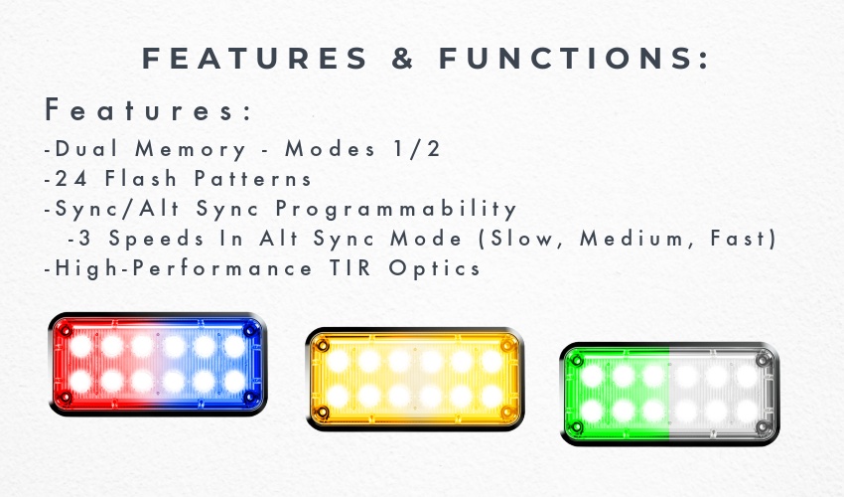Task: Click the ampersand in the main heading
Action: click(x=403, y=59)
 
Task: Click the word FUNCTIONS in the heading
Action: click(x=574, y=59)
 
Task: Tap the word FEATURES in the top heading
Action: click(x=254, y=59)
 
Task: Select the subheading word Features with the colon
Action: click(x=149, y=109)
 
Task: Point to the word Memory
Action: click(x=191, y=150)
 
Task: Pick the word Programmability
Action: click(x=396, y=210)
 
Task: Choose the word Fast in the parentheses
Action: click(x=738, y=239)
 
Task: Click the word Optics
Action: click(x=434, y=269)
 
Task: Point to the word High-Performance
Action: click(x=184, y=269)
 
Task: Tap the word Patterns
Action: click(x=253, y=179)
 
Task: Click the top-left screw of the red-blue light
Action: click(x=66, y=330)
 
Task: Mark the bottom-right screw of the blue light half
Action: click(x=250, y=398)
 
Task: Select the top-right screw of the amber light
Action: click(x=506, y=345)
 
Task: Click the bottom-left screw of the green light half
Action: click(x=576, y=427)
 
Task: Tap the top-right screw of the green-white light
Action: click(x=763, y=360)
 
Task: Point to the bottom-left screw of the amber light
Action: click(x=322, y=413)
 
